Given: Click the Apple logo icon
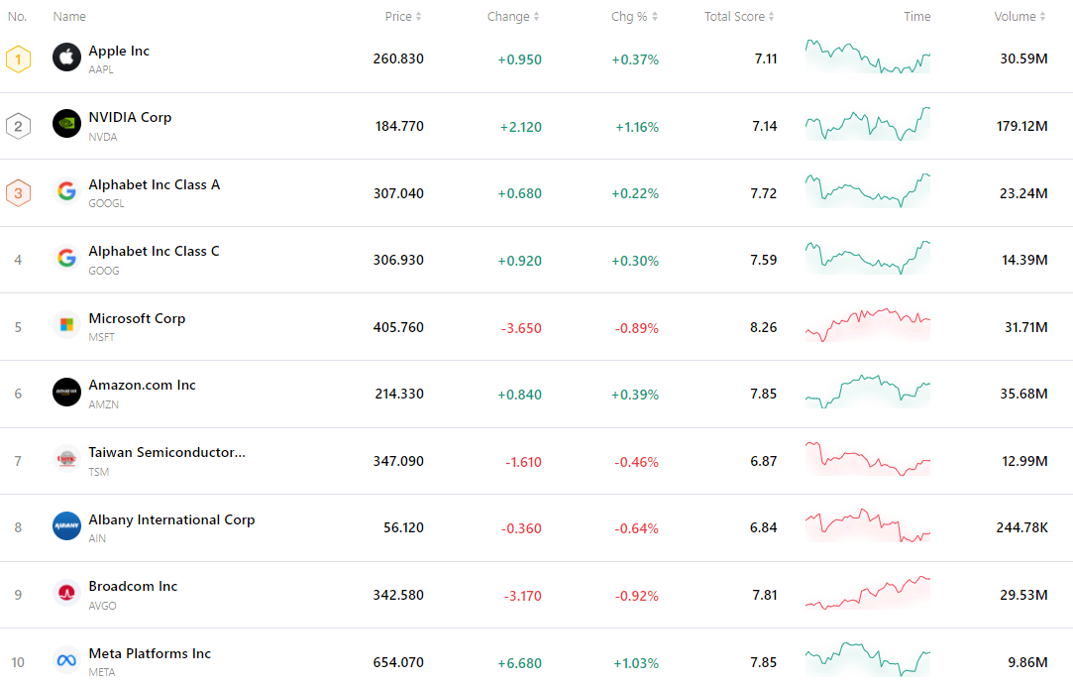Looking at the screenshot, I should pos(66,57).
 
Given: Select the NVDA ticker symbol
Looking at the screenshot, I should pos(103,137).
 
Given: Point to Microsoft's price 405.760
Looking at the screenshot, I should pos(398,327).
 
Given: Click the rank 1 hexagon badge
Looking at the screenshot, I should pos(18,59).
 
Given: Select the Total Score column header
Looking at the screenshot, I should pos(734,17).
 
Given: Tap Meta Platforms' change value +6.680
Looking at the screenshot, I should pos(519,662).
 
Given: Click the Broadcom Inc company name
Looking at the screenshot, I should pos(133,586).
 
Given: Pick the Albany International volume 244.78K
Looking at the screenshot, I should pos(1021,527).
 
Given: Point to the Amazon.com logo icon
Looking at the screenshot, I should pos(66,392).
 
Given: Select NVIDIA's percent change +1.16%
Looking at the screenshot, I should pos(636,127).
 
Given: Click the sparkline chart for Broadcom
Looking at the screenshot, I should pos(868,592).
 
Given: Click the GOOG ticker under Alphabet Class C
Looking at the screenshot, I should pos(104,271).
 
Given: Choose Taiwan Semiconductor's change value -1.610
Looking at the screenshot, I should pos(523,462).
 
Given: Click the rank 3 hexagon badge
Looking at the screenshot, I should pos(18,193).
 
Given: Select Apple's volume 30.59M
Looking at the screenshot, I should pos(1023,58).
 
